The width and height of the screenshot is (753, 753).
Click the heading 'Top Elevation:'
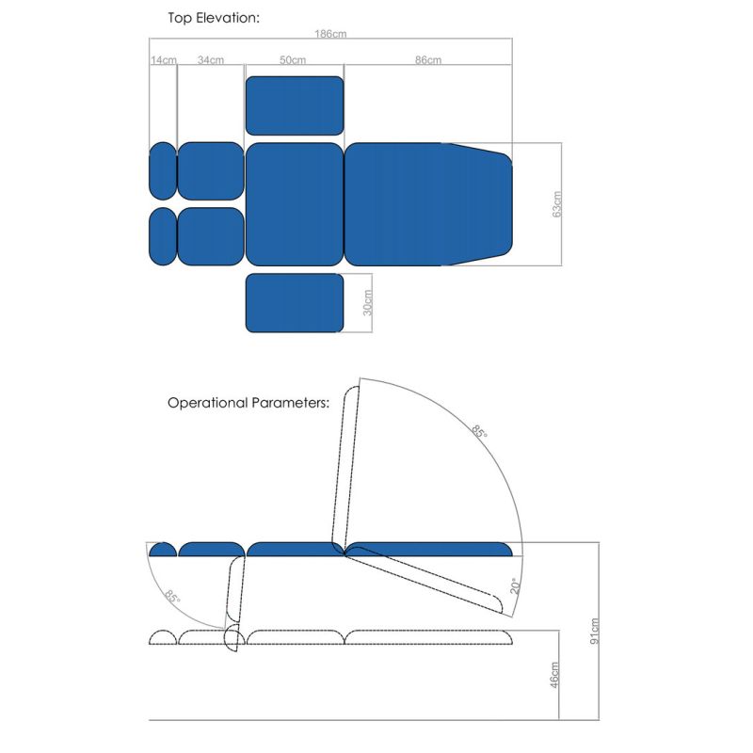point(213,17)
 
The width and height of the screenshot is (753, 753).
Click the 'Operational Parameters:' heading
point(248,402)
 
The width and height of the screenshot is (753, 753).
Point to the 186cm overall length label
point(330,34)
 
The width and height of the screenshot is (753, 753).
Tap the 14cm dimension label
point(163,60)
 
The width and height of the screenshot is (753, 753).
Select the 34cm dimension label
point(211,60)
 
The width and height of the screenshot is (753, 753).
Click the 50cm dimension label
point(293,60)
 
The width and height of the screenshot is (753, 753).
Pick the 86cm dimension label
point(427,60)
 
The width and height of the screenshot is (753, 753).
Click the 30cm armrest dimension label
point(368,302)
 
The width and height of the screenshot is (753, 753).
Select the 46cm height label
point(555,675)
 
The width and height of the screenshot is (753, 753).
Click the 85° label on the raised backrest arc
point(480,432)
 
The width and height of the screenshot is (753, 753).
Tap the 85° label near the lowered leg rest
point(172,596)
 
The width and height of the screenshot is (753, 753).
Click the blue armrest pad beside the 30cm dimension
point(295,303)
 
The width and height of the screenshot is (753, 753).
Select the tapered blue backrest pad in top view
point(428,203)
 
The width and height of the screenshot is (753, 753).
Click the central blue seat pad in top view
point(294,203)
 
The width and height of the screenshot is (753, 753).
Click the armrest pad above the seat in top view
point(295,105)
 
